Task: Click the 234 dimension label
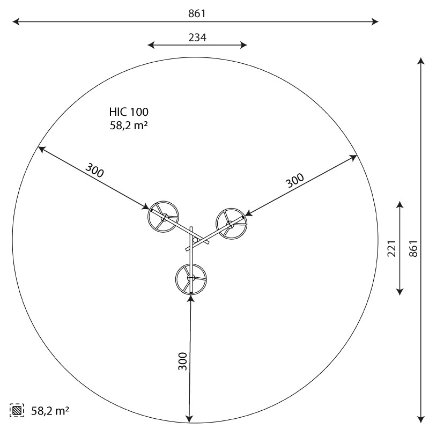[x=197, y=38]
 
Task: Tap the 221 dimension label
[x=392, y=248]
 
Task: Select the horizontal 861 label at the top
[x=197, y=13]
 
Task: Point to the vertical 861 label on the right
[x=413, y=248]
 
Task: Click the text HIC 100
[x=129, y=112]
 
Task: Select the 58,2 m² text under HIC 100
[x=129, y=125]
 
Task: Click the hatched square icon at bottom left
[x=17, y=410]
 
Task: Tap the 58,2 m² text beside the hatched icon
[x=50, y=411]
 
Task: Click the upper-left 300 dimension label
[x=95, y=170]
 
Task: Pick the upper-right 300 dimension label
[x=294, y=181]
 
